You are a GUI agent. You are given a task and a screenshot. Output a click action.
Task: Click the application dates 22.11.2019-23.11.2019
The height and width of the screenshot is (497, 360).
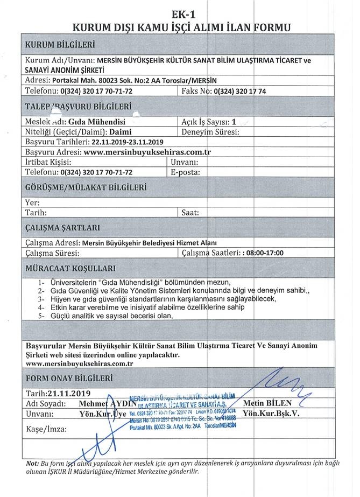pyautogui.click(x=127, y=142)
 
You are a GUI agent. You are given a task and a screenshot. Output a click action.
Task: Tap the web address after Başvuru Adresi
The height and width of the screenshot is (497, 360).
pyautogui.click(x=147, y=152)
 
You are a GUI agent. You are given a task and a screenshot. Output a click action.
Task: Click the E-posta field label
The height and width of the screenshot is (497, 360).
pyautogui.click(x=185, y=172)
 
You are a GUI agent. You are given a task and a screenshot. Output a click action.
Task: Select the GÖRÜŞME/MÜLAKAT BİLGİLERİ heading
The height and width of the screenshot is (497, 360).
pyautogui.click(x=86, y=188)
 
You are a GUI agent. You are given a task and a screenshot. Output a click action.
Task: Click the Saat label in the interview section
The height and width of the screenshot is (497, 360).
pyautogui.click(x=191, y=213)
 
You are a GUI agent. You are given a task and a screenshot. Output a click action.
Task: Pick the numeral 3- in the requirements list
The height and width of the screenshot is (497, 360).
pyautogui.click(x=41, y=299)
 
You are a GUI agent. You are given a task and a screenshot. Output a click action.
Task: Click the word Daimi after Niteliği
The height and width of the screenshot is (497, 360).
pyautogui.click(x=117, y=131)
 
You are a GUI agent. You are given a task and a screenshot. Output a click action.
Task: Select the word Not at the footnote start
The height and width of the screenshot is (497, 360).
pyautogui.click(x=32, y=464)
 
